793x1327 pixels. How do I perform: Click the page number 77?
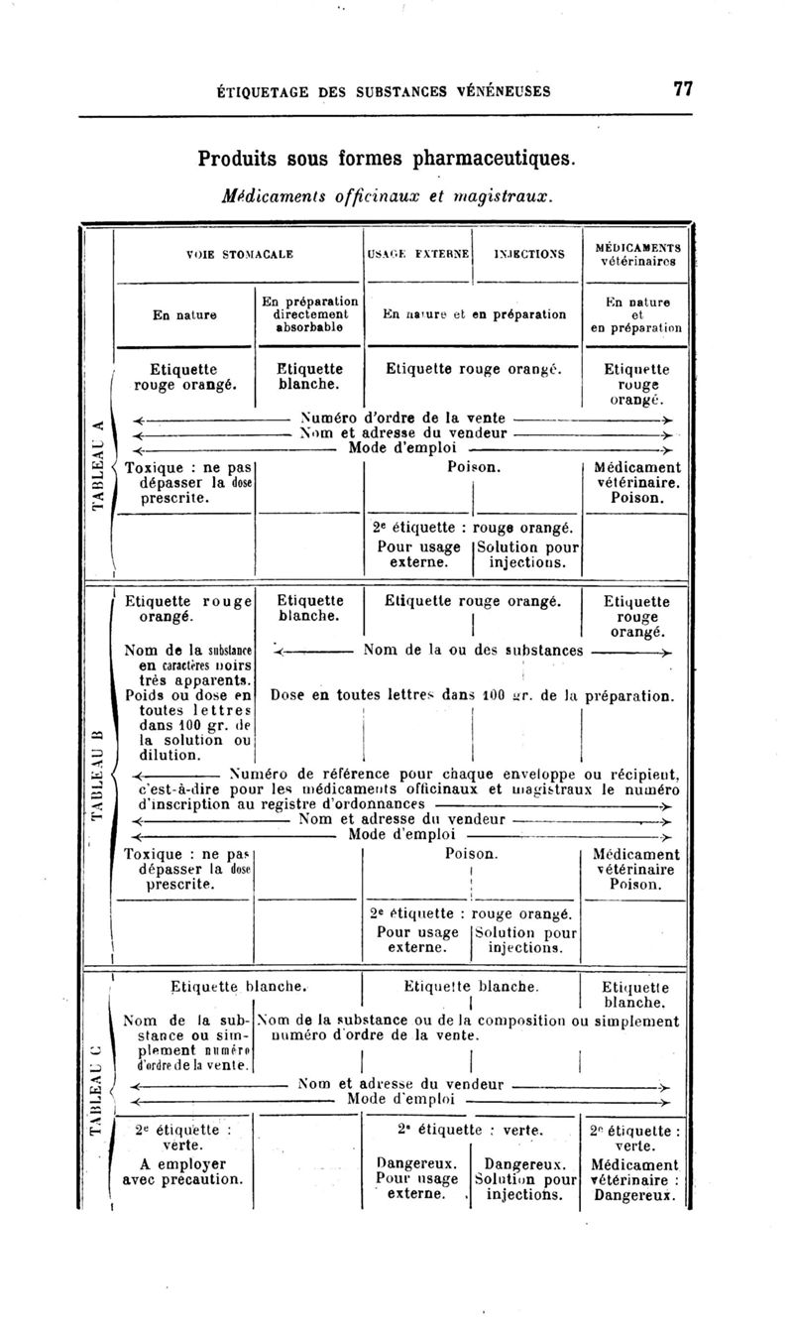[682, 88]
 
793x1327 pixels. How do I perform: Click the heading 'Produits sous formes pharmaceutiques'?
[386, 158]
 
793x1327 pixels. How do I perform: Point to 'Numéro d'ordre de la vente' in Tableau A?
[404, 418]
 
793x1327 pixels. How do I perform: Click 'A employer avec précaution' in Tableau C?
[182, 1172]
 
